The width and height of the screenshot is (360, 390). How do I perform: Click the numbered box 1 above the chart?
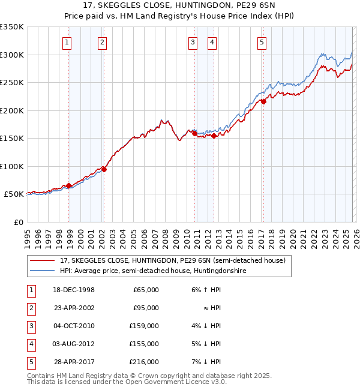[x=66, y=42]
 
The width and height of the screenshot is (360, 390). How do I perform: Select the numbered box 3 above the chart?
[x=193, y=42]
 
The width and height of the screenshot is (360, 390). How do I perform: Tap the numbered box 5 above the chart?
[x=262, y=42]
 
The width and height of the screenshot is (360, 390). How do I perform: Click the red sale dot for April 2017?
[x=263, y=101]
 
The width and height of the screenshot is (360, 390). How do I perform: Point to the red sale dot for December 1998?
[x=69, y=186]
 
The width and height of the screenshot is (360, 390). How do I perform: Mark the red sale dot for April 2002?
[x=104, y=169]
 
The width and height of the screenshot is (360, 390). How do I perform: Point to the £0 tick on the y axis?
[x=18, y=222]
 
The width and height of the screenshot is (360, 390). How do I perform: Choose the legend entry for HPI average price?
[x=153, y=271]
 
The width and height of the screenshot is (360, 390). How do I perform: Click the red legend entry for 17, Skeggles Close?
[x=175, y=260]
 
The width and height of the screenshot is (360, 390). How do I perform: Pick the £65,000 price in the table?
[x=146, y=290]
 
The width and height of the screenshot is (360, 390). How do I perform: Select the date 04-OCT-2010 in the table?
[x=74, y=326]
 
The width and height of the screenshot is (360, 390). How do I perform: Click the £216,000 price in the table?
[x=145, y=362]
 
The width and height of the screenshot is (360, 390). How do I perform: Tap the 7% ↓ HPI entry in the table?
[x=207, y=362]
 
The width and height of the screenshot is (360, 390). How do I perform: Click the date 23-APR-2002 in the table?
[x=74, y=308]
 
